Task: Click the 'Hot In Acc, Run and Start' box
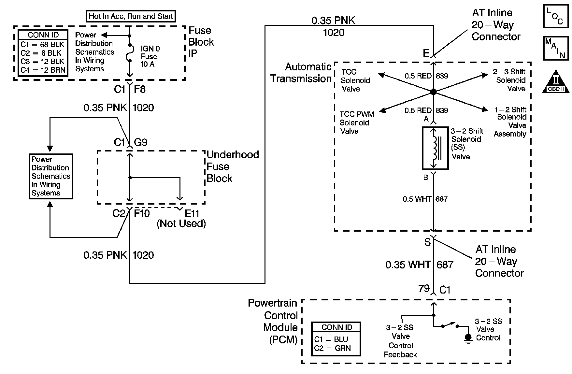131,16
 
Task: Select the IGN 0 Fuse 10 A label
150,56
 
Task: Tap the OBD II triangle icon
556,81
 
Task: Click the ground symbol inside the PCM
468,338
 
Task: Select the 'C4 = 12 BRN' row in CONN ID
43,70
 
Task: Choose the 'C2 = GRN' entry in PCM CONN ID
332,348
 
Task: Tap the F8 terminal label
140,89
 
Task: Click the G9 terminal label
141,142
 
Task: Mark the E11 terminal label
192,213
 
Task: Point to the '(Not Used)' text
181,223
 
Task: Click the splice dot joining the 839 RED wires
433,92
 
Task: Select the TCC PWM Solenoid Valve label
356,123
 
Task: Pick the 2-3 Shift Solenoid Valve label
510,80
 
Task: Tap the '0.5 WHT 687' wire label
425,199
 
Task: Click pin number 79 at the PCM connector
424,288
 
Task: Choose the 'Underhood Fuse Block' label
233,166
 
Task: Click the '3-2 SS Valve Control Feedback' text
400,341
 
